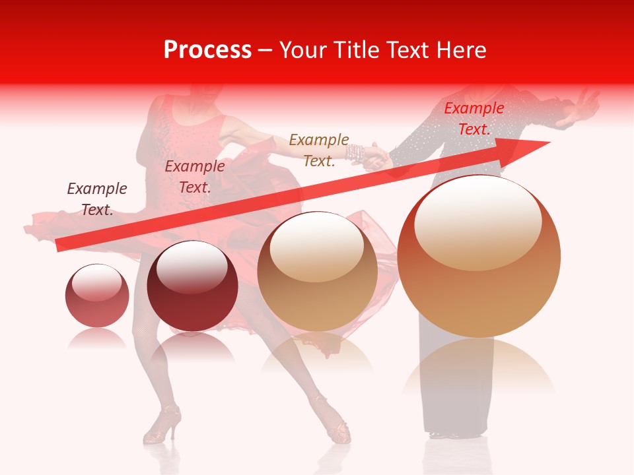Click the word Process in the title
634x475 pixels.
click(207, 50)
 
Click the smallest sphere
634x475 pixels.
click(97, 296)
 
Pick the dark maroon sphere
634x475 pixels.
click(192, 286)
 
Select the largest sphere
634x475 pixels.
click(479, 256)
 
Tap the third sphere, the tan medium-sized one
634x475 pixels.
click(317, 271)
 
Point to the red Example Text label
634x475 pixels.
click(474, 119)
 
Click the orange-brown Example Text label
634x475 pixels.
click(318, 150)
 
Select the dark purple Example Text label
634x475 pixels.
click(97, 199)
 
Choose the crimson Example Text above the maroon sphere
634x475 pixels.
click(194, 177)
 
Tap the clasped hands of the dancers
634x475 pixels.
click(375, 156)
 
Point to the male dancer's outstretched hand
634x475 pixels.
click(581, 107)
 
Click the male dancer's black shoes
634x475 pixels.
click(449, 433)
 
